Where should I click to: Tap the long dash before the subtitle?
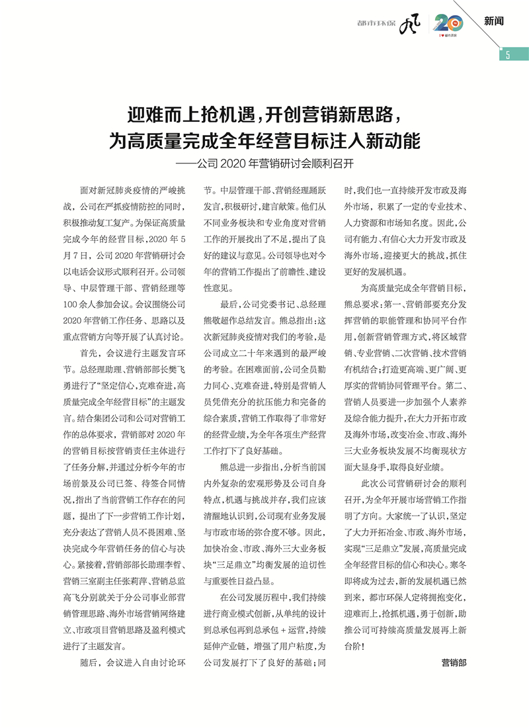(x=190, y=161)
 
